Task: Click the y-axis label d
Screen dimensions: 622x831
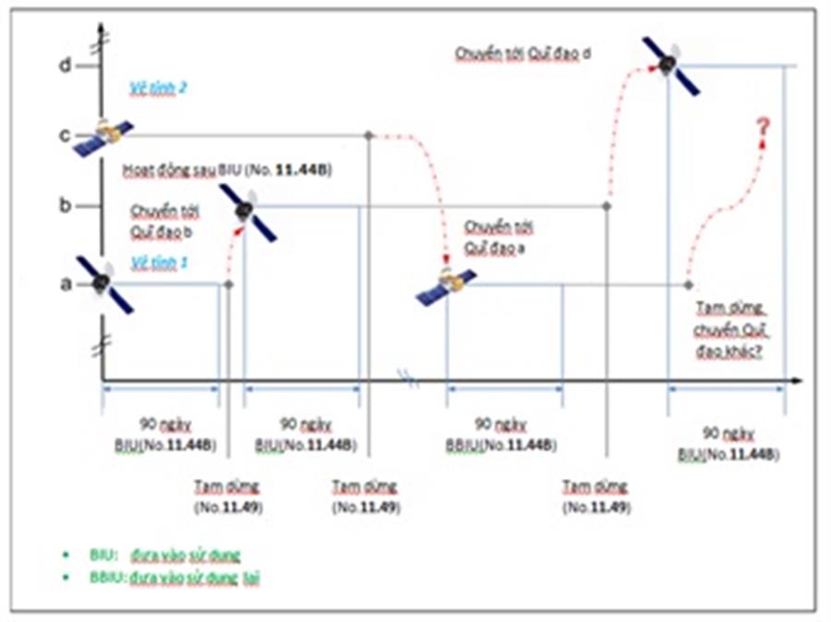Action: (65, 66)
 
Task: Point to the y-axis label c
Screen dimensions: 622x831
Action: (65, 135)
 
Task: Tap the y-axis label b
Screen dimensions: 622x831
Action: (65, 205)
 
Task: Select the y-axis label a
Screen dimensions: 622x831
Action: (65, 283)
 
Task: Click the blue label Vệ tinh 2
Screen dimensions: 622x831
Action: (159, 89)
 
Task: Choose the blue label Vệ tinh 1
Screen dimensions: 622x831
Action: (159, 262)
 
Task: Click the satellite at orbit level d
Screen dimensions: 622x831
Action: (670, 66)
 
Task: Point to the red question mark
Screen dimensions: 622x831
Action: (763, 128)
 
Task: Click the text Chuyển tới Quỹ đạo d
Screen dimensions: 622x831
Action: (523, 53)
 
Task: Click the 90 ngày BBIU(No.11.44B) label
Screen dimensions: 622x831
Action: (500, 434)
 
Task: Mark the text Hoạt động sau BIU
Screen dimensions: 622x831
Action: (227, 171)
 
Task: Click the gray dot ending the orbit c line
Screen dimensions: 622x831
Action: (368, 136)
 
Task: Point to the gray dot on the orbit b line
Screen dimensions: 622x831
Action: (607, 206)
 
